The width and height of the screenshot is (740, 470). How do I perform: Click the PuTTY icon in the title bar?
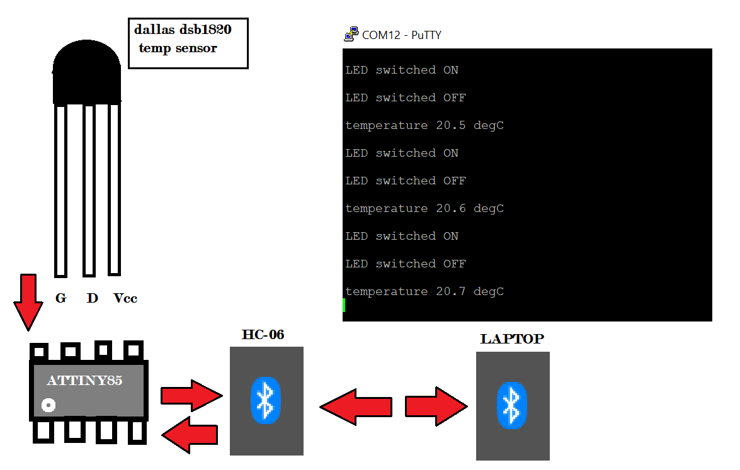[x=351, y=35]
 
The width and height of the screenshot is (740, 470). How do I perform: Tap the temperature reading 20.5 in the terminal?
[x=451, y=125]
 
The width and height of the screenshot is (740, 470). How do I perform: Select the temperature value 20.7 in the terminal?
[x=451, y=291]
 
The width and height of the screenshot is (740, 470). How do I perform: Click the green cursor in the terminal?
[x=344, y=305]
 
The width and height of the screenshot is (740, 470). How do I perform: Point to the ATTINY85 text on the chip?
[x=84, y=381]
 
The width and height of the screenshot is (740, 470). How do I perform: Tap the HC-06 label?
[x=263, y=335]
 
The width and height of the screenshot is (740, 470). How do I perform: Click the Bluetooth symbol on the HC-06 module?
[x=266, y=400]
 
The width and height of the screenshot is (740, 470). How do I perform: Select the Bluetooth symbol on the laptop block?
[x=512, y=405]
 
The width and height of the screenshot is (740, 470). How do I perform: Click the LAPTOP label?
[x=512, y=339]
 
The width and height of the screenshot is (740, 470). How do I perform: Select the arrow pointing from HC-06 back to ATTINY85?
[x=190, y=434]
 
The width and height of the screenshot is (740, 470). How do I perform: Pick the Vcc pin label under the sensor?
[x=125, y=298]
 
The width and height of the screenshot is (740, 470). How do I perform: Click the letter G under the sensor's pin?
[x=60, y=298]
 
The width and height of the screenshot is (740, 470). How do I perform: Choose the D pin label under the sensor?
[x=93, y=298]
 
